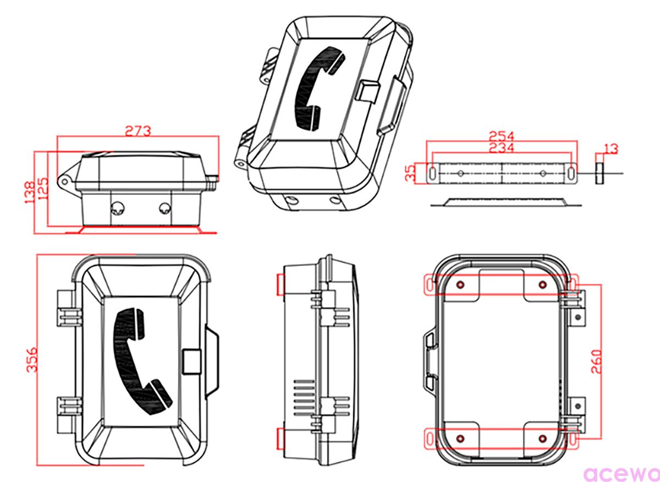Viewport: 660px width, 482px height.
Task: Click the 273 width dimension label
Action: [137, 132]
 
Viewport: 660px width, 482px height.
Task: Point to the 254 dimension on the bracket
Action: [502, 136]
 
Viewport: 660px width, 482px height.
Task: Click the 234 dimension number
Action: [502, 148]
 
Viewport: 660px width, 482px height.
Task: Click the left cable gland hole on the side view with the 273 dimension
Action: [117, 207]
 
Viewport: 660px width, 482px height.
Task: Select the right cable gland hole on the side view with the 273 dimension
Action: [164, 208]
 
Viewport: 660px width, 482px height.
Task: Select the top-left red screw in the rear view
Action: [460, 284]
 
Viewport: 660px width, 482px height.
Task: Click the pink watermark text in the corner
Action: [621, 474]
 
